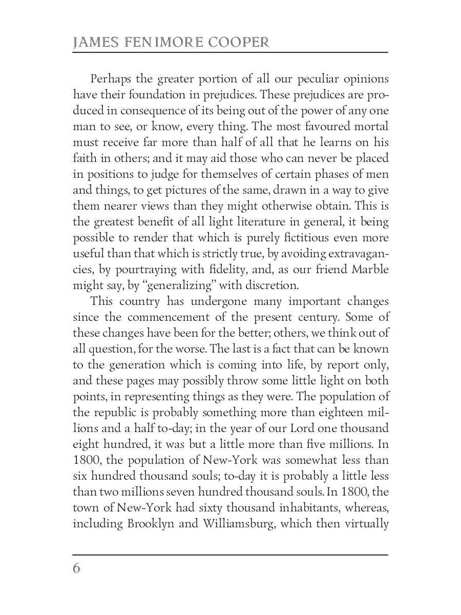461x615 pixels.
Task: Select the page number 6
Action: [77, 568]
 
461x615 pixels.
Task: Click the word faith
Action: [83, 158]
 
